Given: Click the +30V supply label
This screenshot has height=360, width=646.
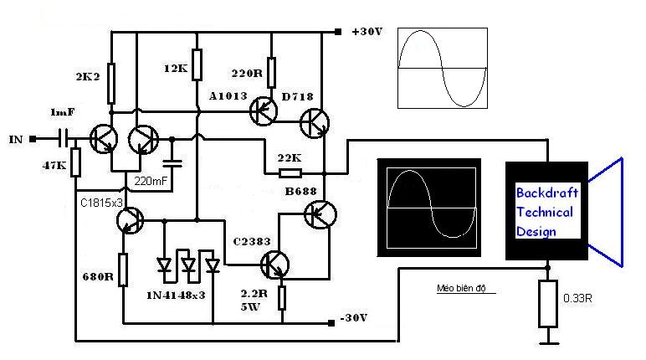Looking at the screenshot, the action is (367, 31).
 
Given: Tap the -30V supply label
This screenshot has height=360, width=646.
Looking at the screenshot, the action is (354, 318).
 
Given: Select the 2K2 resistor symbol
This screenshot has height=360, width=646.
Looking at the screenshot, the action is (110, 83).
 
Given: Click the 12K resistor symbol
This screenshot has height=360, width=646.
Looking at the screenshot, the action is (197, 64).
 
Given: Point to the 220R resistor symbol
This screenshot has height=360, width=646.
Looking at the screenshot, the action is (271, 73).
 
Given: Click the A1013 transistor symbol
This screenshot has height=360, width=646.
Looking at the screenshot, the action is (264, 111).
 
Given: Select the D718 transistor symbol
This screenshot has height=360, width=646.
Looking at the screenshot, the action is (315, 123).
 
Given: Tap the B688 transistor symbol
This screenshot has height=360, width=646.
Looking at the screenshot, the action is (320, 214).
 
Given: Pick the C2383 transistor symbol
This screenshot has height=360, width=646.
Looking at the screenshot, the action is (274, 265).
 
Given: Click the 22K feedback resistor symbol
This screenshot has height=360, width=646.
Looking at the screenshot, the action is (290, 173).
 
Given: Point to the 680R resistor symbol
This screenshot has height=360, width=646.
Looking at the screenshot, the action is (123, 270).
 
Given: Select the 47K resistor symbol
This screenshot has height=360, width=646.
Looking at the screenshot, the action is (75, 162).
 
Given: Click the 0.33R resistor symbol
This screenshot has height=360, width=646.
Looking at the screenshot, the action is (548, 304).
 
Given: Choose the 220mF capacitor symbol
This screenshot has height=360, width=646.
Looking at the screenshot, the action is (172, 163).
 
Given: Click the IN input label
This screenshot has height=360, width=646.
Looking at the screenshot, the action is (16, 139).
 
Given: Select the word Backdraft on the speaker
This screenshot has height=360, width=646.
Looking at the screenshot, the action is (546, 193).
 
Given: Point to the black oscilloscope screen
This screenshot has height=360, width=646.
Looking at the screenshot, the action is (429, 208).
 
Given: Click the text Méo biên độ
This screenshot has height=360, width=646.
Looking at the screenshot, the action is (461, 288).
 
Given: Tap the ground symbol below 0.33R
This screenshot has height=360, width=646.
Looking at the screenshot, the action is (548, 340).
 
